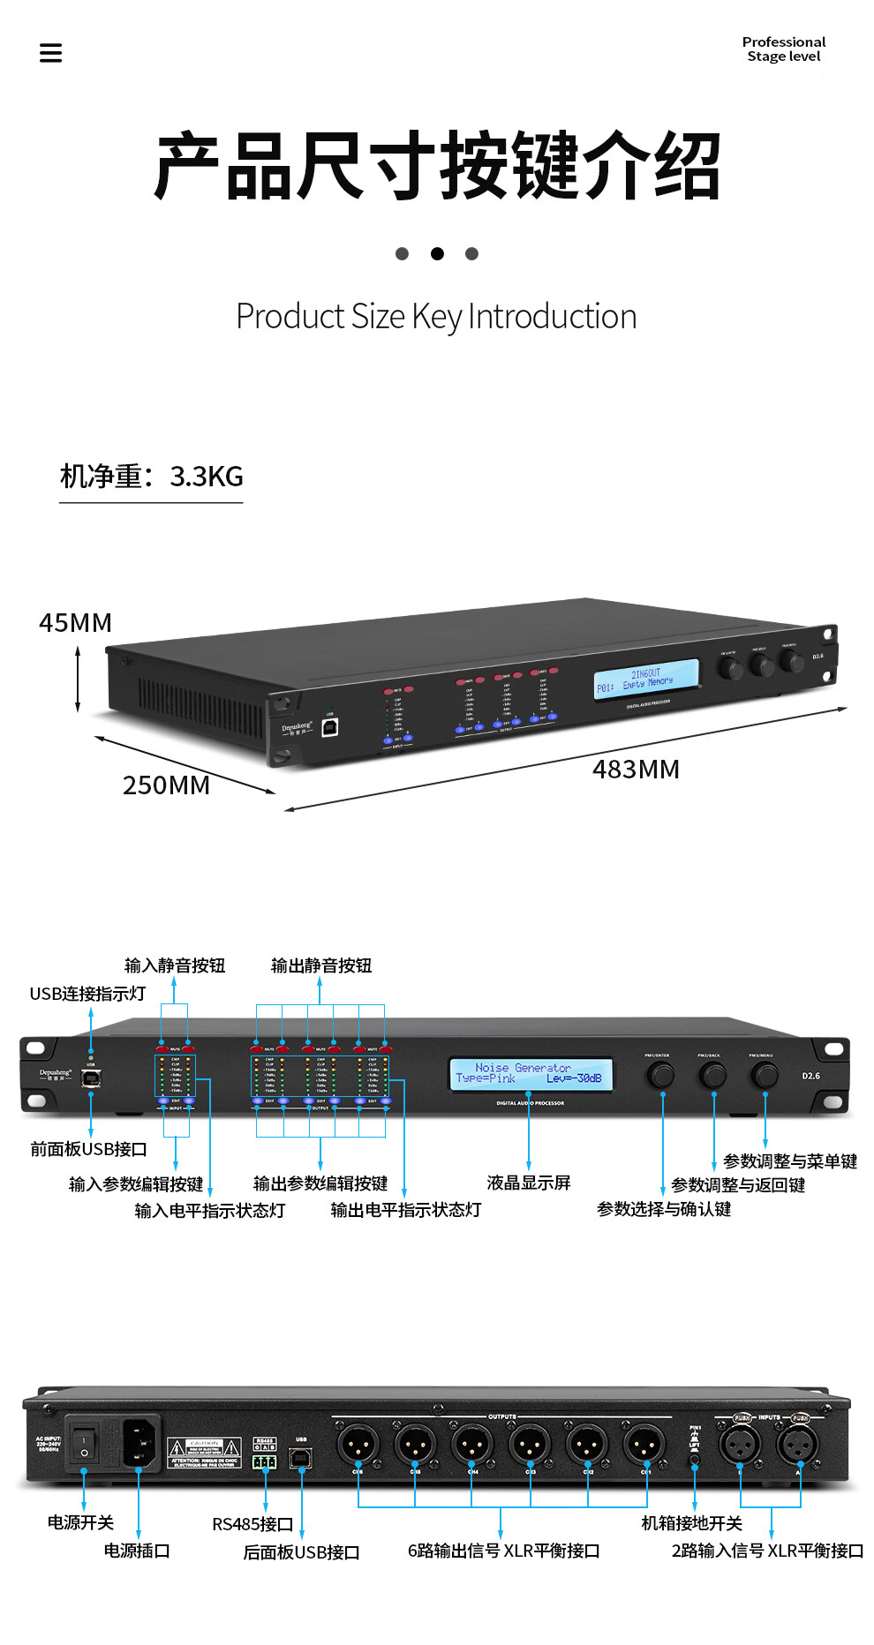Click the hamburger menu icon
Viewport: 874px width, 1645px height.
click(x=51, y=53)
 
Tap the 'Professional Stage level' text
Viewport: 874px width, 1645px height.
click(x=783, y=49)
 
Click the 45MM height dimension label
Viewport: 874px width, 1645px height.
click(x=75, y=623)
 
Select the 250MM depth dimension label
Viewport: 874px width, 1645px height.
click(x=166, y=785)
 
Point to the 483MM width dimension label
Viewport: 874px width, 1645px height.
click(x=636, y=770)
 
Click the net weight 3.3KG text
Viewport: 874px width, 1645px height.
click(x=151, y=477)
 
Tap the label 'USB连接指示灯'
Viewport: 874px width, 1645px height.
click(x=87, y=994)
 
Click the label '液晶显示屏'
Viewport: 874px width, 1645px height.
click(x=529, y=1183)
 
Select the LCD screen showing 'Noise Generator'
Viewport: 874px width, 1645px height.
click(x=530, y=1073)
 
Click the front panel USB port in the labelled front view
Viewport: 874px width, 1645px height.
click(x=91, y=1078)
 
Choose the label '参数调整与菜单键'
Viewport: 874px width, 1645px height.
click(x=790, y=1161)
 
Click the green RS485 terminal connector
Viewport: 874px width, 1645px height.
click(x=265, y=1461)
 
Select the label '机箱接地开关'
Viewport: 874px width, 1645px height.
click(x=691, y=1523)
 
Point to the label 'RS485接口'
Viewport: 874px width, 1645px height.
click(x=252, y=1524)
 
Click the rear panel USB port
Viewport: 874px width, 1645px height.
click(x=301, y=1458)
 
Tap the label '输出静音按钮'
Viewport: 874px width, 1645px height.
click(x=321, y=965)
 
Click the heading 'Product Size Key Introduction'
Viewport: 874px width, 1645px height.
click(x=436, y=316)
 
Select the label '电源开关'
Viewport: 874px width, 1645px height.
click(x=80, y=1522)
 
